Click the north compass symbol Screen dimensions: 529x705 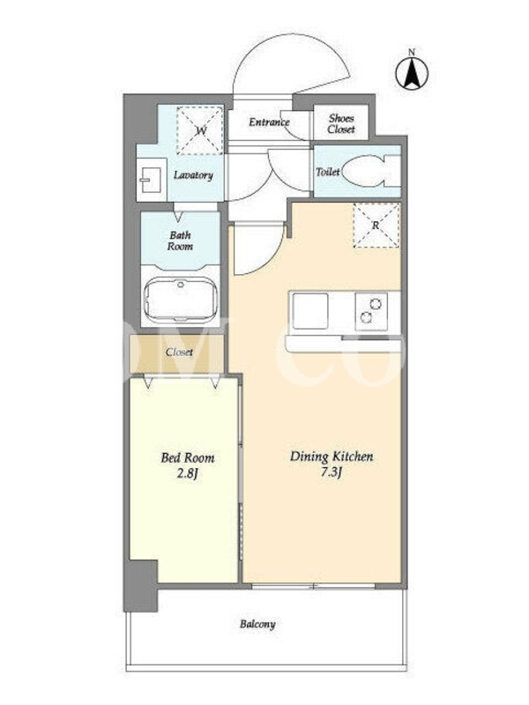tap(412, 71)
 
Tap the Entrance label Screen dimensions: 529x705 tap(269, 122)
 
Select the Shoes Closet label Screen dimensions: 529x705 tap(341, 123)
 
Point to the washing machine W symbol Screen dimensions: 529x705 tap(201, 130)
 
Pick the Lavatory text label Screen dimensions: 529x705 tap(193, 174)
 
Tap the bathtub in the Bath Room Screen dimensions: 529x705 tap(181, 299)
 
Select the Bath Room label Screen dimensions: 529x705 tap(180, 241)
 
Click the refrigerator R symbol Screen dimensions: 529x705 tap(376, 226)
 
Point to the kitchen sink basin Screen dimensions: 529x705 tap(310, 311)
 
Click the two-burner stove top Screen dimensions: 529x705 tap(371, 311)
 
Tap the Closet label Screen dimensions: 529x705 tap(179, 352)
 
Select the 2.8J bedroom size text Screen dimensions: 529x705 tap(188, 474)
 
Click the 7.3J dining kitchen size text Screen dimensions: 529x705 tap(331, 472)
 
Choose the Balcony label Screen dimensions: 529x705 tap(257, 624)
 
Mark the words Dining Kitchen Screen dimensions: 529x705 tap(332, 456)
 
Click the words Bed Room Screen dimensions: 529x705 tap(188, 458)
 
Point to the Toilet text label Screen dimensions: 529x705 tap(327, 172)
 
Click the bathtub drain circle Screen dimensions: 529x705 tap(181, 284)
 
